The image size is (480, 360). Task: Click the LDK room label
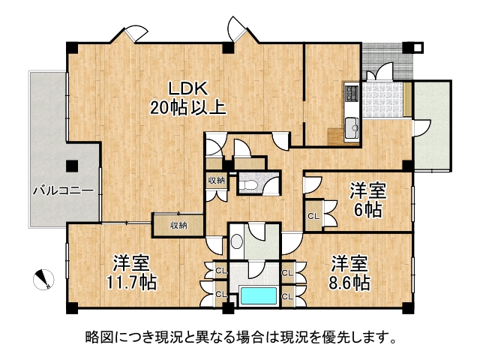[x=189, y=88]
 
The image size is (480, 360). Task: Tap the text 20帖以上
[x=188, y=108]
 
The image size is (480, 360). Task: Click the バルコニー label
[x=63, y=191]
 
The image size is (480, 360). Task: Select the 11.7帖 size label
[x=131, y=283]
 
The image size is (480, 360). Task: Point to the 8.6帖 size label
[x=349, y=283]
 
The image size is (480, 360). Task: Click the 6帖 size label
[x=367, y=210]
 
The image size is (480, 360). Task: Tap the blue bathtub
[x=259, y=295]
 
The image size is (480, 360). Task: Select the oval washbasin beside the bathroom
[x=236, y=241]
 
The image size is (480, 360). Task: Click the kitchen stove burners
[x=352, y=92]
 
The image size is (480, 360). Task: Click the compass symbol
[x=43, y=280]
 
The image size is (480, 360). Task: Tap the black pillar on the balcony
[x=72, y=166]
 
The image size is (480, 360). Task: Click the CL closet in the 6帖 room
[x=313, y=216]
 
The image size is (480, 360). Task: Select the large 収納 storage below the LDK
[x=178, y=226]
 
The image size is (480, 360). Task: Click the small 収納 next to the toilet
[x=217, y=181]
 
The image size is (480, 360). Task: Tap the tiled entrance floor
[x=382, y=99]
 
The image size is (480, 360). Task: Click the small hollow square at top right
[x=418, y=48]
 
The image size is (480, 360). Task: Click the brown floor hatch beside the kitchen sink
[x=335, y=136]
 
